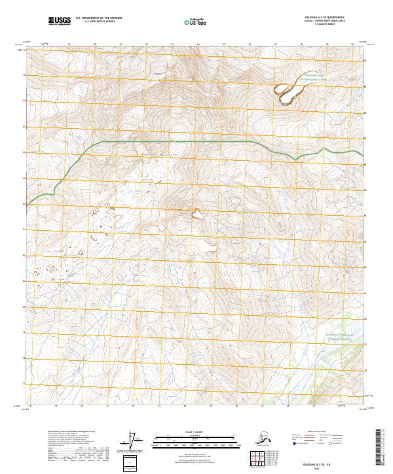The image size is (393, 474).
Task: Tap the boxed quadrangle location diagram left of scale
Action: [131, 462]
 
